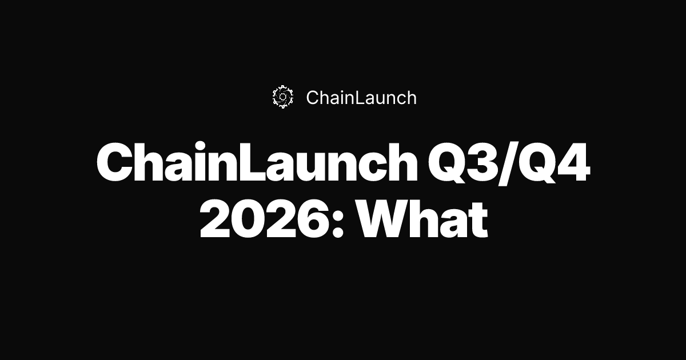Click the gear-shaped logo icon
pyautogui.click(x=282, y=97)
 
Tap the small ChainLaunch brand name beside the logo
pyautogui.click(x=361, y=98)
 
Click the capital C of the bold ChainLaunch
pyautogui.click(x=115, y=163)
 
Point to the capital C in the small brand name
pyautogui.click(x=313, y=98)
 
